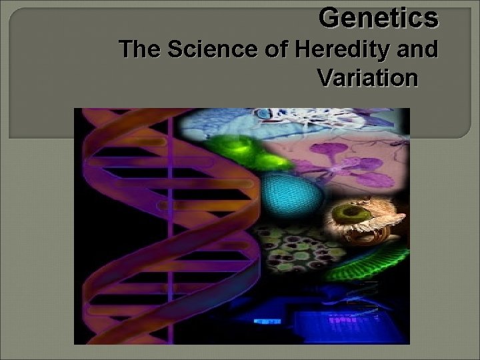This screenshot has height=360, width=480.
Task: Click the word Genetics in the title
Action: coord(379,18)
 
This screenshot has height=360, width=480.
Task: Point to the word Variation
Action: coord(367,78)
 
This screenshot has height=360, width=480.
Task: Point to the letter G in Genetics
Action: coord(329,18)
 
